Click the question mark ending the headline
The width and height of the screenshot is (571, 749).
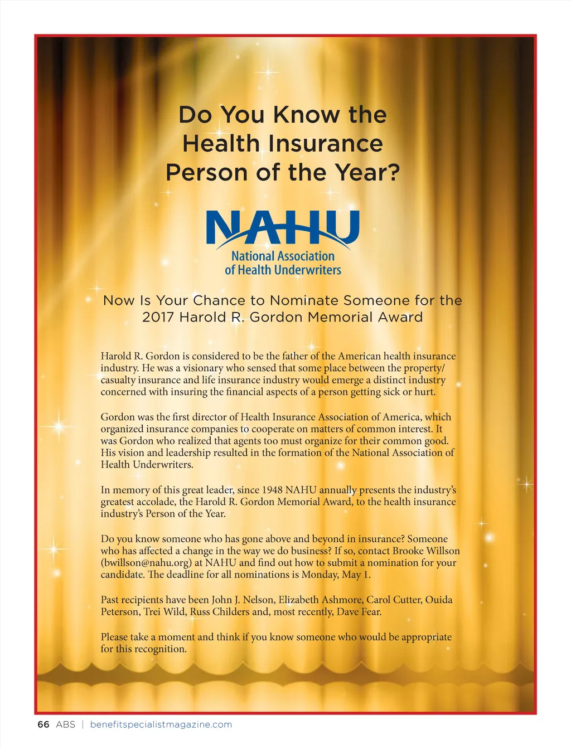point(394,172)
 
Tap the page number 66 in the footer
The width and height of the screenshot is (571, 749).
point(43,724)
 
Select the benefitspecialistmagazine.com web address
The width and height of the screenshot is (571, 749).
point(161,724)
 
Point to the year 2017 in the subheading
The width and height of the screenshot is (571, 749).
point(158,317)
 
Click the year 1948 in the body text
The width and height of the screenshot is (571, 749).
point(269,490)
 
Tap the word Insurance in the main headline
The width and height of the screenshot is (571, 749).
point(325,143)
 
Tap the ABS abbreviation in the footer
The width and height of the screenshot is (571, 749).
point(65,724)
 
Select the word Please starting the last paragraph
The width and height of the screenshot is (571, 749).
point(115,637)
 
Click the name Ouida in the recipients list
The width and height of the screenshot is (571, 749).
point(439,600)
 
